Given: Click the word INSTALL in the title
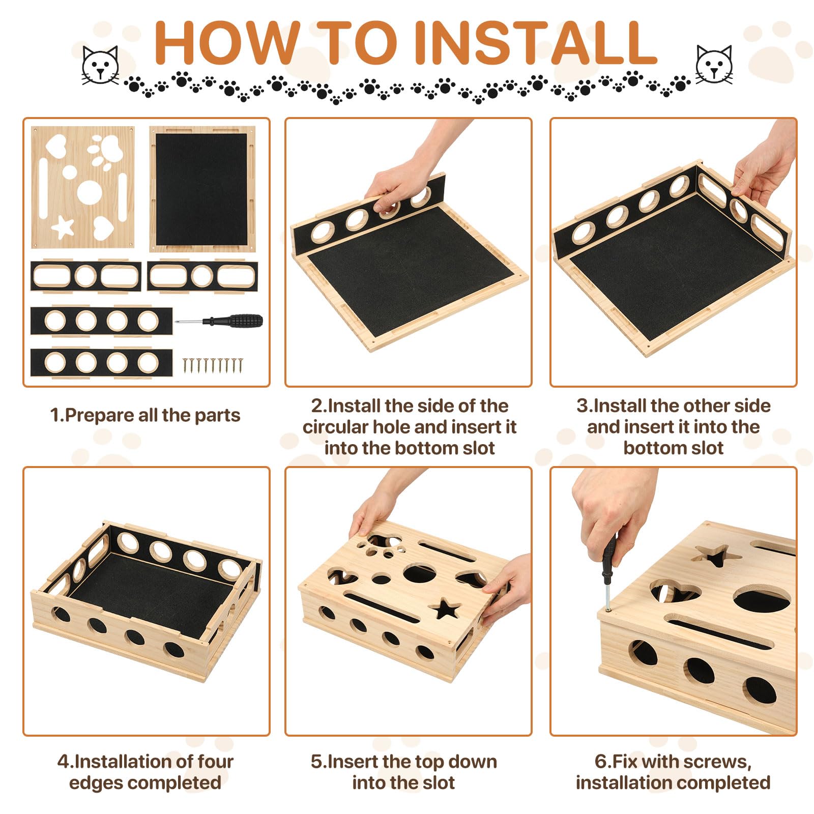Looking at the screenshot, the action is [x=536, y=43].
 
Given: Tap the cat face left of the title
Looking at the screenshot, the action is [x=100, y=65].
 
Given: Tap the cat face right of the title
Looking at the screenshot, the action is [x=714, y=65].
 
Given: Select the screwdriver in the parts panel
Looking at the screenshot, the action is [x=219, y=321].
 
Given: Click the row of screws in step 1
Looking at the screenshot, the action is [x=213, y=366].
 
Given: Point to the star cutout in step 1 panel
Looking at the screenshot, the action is [x=63, y=227].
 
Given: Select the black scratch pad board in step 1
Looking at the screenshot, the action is [x=202, y=189].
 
